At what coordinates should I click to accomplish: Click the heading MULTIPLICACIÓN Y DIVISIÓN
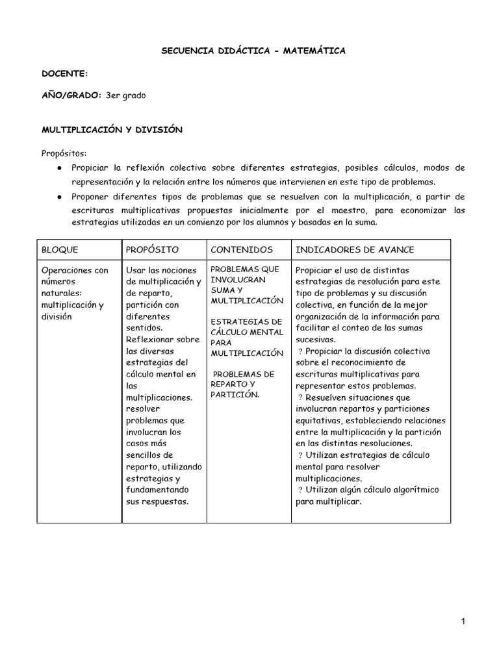(112, 130)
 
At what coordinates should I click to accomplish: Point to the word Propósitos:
(64, 153)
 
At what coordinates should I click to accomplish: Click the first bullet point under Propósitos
(59, 168)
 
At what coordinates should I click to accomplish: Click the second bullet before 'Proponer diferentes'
(59, 197)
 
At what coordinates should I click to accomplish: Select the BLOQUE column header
(60, 250)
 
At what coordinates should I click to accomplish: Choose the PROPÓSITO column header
(151, 250)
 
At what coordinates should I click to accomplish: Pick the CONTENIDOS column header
(242, 250)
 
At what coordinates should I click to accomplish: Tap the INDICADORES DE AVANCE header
(355, 250)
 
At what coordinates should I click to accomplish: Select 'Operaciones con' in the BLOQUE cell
(75, 270)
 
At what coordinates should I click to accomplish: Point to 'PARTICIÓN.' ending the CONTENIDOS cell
(235, 395)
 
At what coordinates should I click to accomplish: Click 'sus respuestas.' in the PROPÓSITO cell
(156, 501)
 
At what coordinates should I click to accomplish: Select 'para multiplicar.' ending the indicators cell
(328, 502)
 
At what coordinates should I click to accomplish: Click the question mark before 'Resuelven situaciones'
(300, 397)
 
